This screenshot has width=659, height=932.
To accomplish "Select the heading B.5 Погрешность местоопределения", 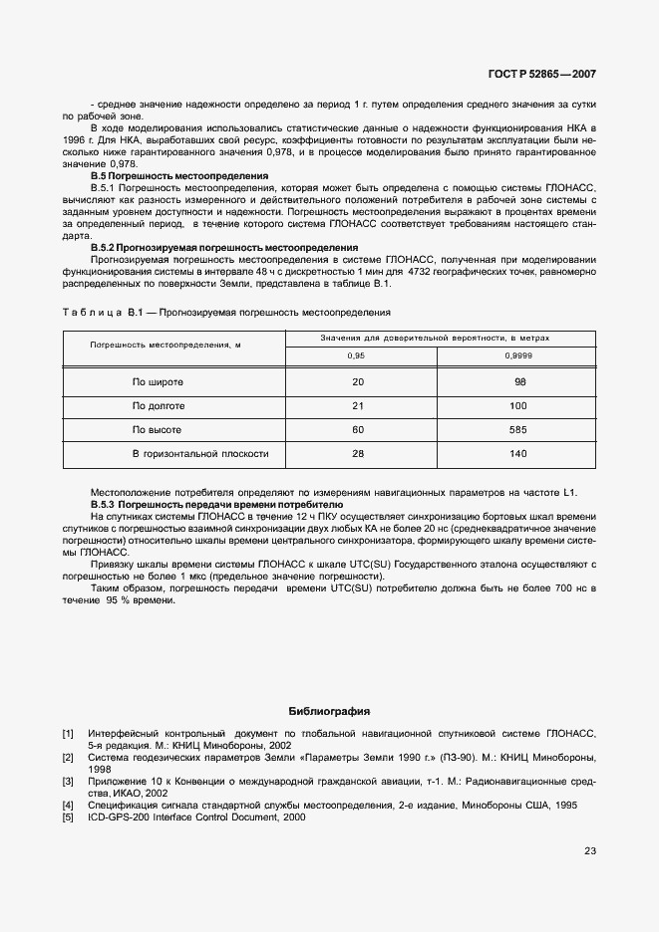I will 179,176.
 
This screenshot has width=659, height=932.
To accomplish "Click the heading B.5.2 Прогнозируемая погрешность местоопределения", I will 223,247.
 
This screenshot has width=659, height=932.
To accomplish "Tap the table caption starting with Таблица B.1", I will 226,313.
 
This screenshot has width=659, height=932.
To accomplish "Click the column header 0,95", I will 356,355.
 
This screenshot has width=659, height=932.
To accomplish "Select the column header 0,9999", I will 518,355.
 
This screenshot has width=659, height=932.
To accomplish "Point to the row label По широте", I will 158,381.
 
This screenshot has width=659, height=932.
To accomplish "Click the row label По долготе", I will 159,405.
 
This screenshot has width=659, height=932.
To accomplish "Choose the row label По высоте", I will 157,429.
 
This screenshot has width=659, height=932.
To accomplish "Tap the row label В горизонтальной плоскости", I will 200,453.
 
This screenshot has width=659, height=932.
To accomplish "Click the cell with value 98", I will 519,381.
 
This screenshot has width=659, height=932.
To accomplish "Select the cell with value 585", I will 518,429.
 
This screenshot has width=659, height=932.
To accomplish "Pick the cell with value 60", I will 357,429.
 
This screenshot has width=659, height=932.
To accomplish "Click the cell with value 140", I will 518,453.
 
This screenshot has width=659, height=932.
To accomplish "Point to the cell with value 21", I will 357,405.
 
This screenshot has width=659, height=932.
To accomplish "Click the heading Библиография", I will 329,712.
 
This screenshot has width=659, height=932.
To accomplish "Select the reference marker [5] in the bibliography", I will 68,816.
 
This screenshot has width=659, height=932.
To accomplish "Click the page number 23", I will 590,851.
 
